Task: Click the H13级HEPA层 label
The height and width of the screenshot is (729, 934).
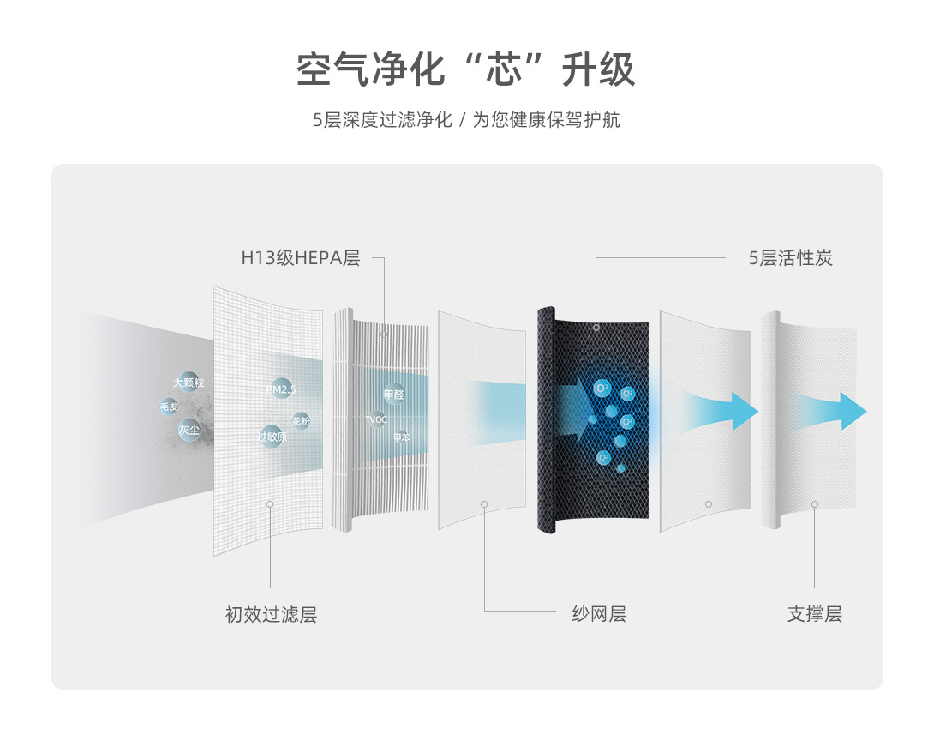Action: click(300, 258)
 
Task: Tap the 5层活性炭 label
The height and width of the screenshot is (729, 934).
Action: click(790, 258)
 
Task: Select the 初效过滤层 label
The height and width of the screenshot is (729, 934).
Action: click(271, 614)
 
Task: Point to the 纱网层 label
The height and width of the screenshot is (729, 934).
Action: click(599, 614)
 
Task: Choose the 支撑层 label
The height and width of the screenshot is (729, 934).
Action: click(814, 614)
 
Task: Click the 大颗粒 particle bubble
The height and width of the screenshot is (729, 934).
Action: click(189, 383)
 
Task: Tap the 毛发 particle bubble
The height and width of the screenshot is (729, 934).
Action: click(169, 407)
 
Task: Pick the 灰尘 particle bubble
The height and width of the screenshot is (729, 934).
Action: click(189, 430)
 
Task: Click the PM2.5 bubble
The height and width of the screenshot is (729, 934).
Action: click(280, 389)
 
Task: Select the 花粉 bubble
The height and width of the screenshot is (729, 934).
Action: click(301, 421)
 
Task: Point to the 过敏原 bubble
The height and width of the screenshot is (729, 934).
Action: click(272, 436)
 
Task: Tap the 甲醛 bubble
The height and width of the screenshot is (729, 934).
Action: click(394, 395)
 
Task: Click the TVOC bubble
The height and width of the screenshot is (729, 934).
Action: click(376, 419)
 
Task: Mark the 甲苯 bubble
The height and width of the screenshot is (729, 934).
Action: click(401, 437)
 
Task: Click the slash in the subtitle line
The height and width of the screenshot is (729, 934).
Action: click(462, 120)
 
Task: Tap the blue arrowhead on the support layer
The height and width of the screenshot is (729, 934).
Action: click(852, 410)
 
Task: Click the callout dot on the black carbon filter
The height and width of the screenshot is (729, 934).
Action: click(596, 327)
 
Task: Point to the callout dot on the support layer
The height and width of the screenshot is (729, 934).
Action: click(814, 504)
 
